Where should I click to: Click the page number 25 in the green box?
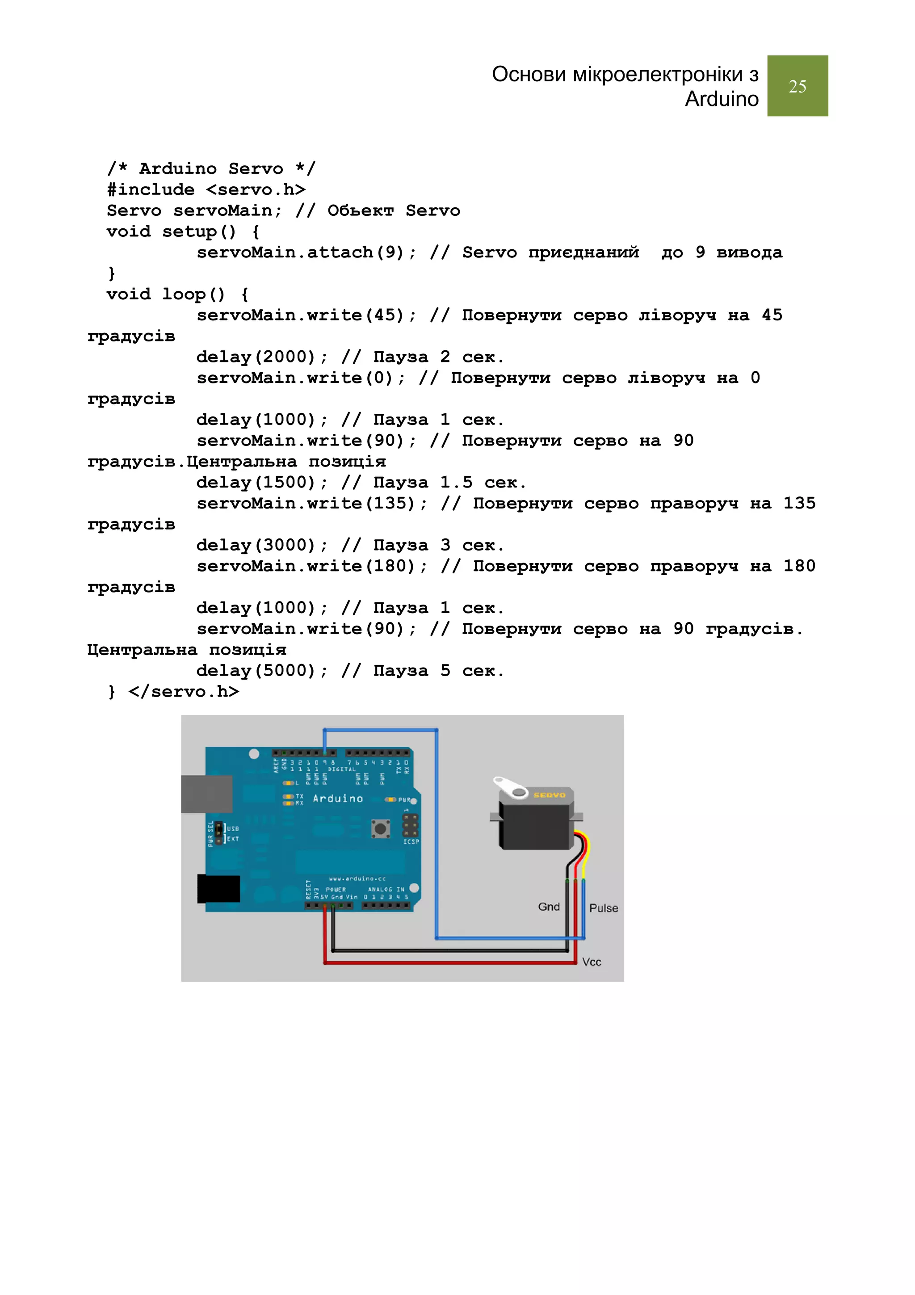[797, 86]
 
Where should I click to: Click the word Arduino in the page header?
[721, 99]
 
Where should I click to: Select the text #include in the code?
[151, 189]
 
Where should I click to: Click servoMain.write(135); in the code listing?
[312, 503]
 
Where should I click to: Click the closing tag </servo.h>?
[184, 691]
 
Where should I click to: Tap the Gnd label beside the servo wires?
[549, 906]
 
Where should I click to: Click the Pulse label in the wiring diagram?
[603, 908]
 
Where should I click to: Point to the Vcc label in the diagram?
[592, 962]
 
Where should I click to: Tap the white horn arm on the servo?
[510, 787]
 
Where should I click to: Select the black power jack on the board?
[218, 888]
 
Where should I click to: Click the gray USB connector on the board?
[207, 794]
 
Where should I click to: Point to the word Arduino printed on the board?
[338, 798]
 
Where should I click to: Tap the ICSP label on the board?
[411, 841]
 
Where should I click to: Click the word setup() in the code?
[198, 231]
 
